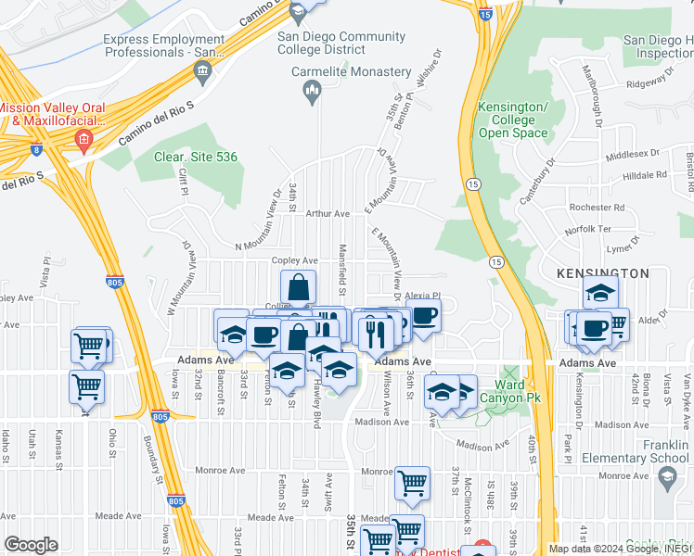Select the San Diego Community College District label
[341, 44]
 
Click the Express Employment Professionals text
[163, 46]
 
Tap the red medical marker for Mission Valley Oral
[84, 141]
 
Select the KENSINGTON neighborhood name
[602, 273]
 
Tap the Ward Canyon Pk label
[508, 391]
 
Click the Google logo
[31, 544]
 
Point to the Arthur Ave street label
[325, 213]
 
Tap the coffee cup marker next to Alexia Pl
[423, 315]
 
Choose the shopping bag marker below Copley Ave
[299, 286]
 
